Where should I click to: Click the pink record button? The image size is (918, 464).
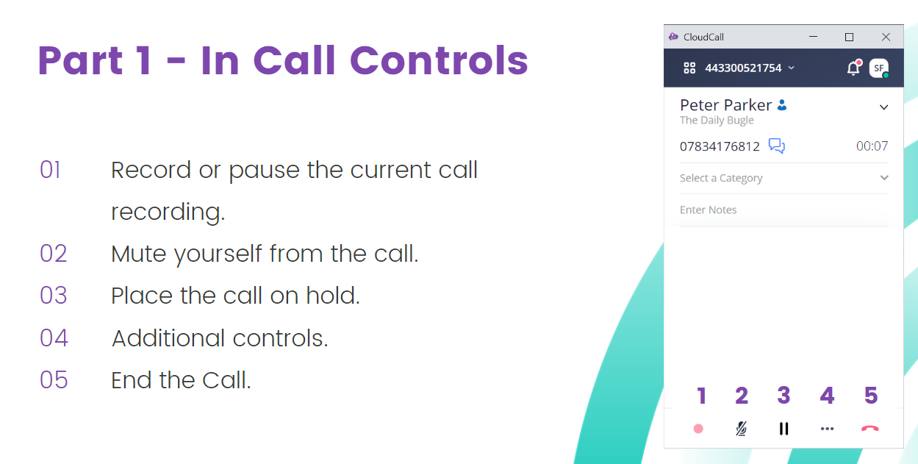[698, 429]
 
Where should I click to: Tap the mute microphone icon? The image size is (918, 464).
[741, 429]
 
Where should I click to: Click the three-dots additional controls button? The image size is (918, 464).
[827, 429]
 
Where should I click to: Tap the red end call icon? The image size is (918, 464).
[869, 429]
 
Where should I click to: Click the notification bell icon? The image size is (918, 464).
[854, 68]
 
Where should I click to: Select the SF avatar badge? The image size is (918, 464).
[879, 68]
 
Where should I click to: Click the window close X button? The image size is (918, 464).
[886, 37]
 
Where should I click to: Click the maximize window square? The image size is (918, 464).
[849, 38]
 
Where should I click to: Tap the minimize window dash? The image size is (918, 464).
[813, 37]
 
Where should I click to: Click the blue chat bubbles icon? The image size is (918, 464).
[777, 146]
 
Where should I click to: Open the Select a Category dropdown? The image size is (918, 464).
[783, 178]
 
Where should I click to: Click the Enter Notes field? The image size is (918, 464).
[783, 210]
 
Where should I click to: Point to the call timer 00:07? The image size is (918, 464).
[872, 146]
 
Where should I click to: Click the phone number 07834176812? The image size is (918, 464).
[720, 146]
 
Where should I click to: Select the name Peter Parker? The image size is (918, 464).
[725, 105]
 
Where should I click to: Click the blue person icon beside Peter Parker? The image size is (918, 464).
[782, 105]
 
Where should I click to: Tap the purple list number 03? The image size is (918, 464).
[53, 296]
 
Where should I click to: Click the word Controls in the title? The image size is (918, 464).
[439, 60]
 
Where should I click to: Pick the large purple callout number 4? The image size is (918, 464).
[827, 396]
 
